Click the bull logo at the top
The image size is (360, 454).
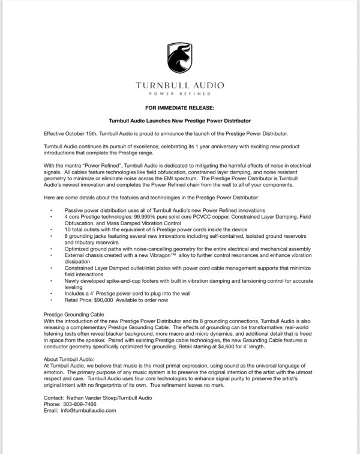click(x=179, y=59)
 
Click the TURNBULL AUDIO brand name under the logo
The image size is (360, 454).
click(x=179, y=85)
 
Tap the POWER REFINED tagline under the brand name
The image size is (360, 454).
click(x=179, y=94)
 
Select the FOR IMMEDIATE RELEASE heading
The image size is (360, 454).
click(x=179, y=109)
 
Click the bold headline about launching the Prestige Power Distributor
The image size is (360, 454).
click(x=179, y=120)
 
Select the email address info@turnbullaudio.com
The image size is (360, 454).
click(x=89, y=411)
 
